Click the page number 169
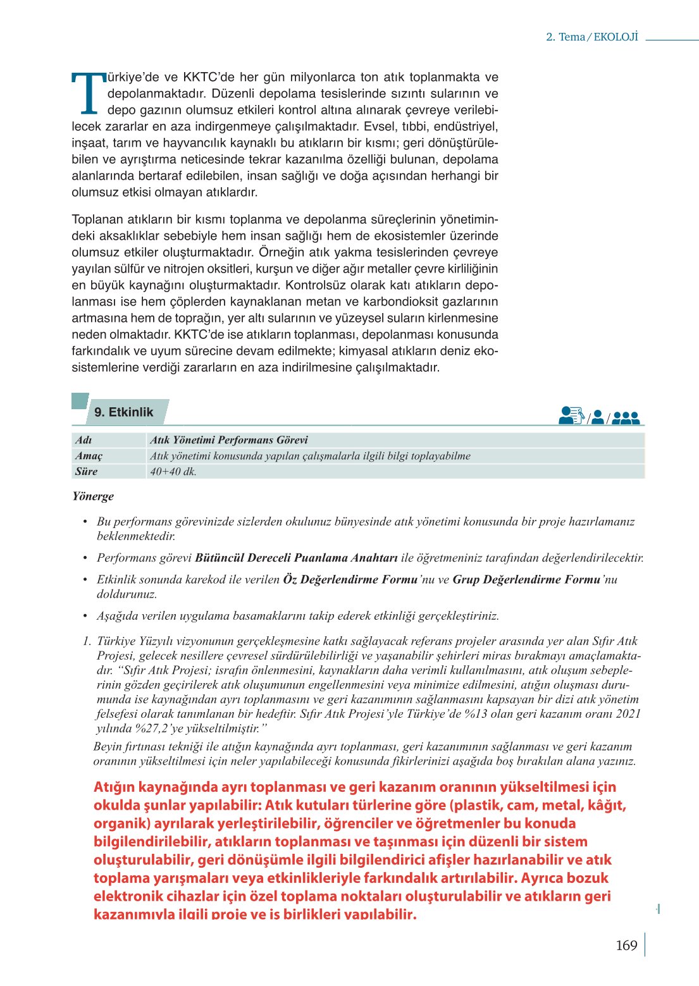(x=626, y=946)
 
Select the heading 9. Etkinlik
(x=123, y=412)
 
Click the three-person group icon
(x=626, y=418)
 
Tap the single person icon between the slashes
(x=597, y=417)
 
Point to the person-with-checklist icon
(x=571, y=416)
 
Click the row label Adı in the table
(x=84, y=440)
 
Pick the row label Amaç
(x=89, y=456)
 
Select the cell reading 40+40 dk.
(x=173, y=472)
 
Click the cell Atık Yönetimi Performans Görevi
(x=228, y=440)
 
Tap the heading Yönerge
(x=93, y=496)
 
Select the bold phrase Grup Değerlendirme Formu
(x=526, y=579)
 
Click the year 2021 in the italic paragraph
(x=628, y=714)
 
